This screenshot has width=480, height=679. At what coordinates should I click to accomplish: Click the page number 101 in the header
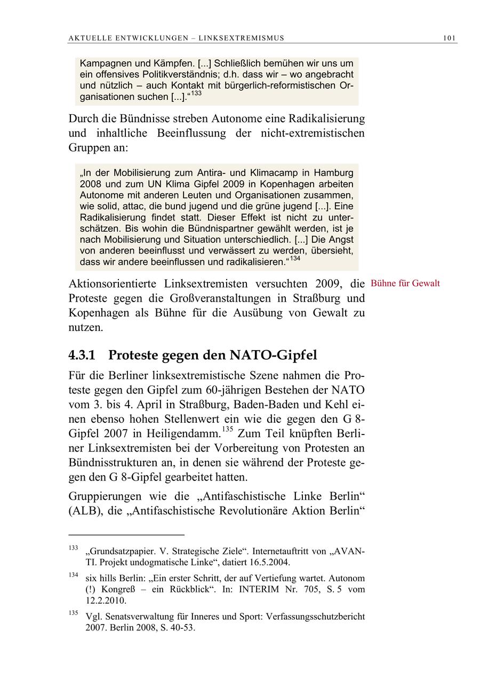449,38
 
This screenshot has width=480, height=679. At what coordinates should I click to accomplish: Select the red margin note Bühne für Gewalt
405,283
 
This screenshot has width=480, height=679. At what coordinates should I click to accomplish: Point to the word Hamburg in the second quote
333,173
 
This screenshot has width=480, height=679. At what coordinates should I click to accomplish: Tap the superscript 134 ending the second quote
295,259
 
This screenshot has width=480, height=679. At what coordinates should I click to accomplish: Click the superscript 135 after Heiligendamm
228,429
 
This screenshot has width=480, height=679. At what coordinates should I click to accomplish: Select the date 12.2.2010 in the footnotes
106,601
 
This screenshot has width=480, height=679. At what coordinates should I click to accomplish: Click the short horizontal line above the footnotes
126,534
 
